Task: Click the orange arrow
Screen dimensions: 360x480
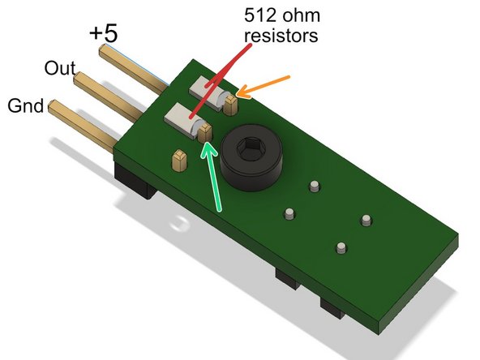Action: pos(264,88)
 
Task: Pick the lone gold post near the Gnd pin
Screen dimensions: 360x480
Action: pos(178,158)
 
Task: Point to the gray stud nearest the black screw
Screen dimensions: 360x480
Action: pos(314,187)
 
